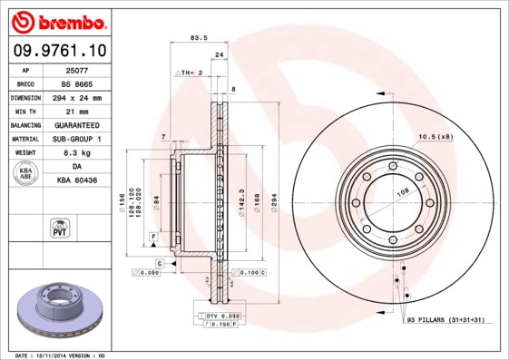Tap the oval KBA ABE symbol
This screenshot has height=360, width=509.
tap(26, 174)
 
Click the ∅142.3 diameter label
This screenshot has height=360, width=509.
tap(241, 201)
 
